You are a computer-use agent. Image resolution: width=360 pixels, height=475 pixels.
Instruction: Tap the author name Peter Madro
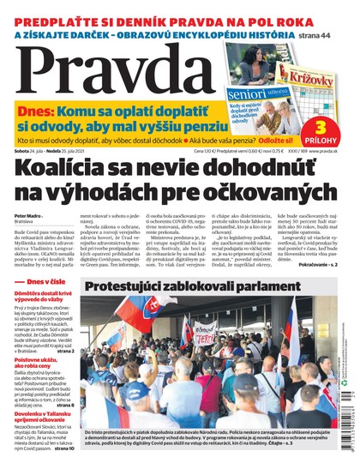27,216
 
